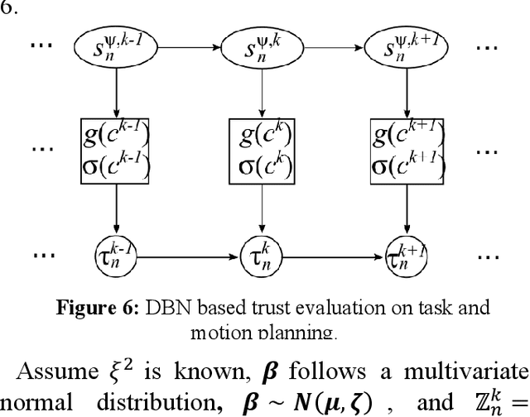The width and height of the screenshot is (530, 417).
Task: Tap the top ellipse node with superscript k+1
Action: pos(406,47)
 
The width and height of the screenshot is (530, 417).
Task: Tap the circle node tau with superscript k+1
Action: pos(406,248)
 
